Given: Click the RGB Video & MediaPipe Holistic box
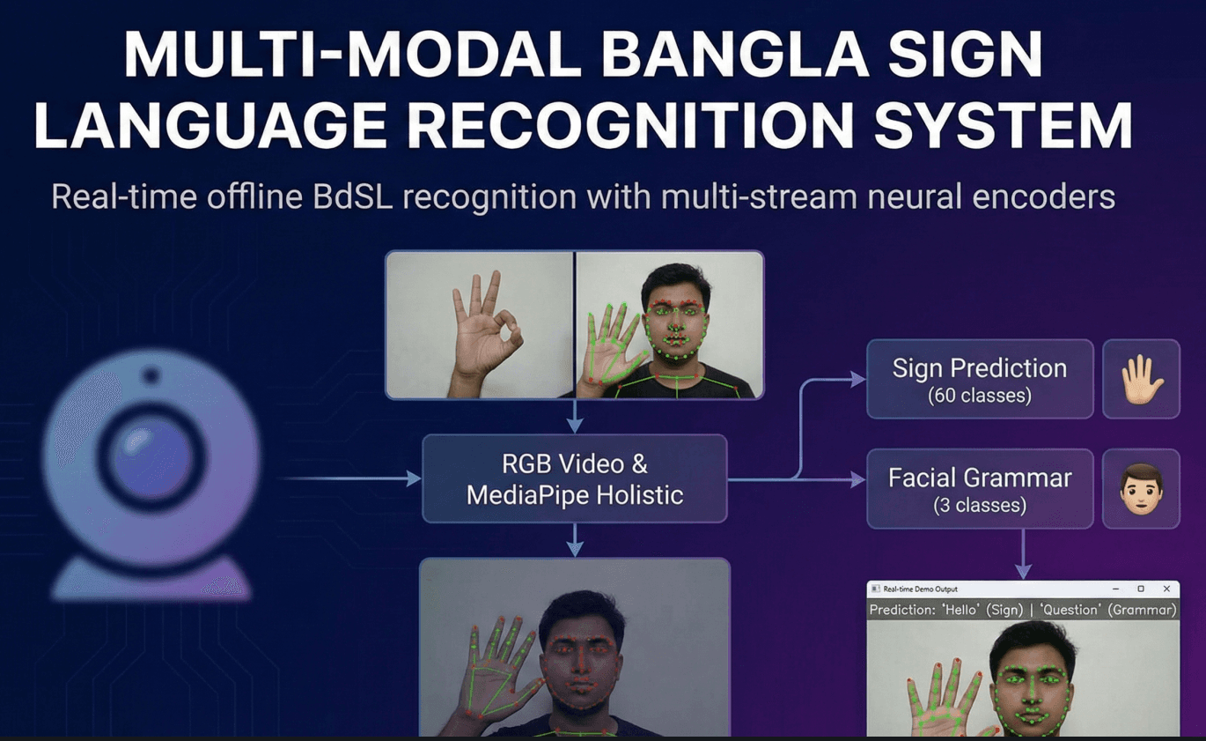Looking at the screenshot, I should [575, 479].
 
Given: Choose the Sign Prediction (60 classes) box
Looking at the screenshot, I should [980, 380].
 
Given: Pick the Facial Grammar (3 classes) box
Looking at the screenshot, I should [980, 489].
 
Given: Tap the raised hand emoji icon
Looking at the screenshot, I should [1142, 380].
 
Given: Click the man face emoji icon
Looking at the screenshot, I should [1142, 489].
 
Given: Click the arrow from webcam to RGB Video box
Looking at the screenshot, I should [352, 479].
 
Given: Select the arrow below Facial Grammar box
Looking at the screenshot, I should [1023, 554].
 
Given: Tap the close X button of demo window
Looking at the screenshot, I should [1166, 589].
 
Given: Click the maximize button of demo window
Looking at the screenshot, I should [1141, 589].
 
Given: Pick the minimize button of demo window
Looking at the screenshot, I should [1115, 589].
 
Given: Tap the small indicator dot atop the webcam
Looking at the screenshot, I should [151, 376].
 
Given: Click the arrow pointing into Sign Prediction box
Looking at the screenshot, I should [845, 380].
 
